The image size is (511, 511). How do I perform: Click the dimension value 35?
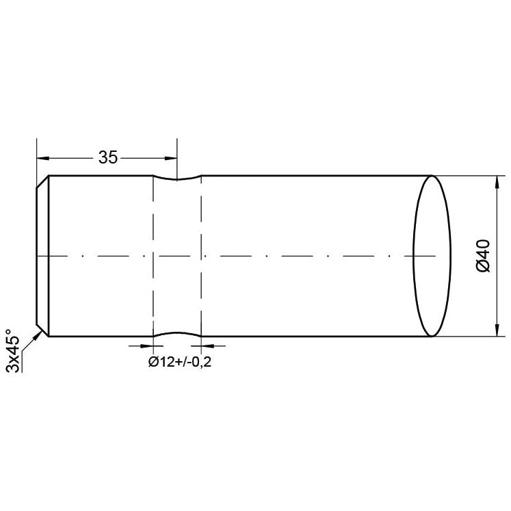click(x=107, y=157)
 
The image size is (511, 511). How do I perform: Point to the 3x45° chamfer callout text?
click(x=13, y=351)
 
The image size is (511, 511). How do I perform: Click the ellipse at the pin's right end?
click(x=432, y=256)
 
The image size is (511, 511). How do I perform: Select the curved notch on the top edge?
click(x=177, y=180)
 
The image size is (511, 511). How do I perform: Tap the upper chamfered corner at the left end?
click(x=42, y=182)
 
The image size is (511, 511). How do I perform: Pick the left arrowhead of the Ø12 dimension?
click(x=148, y=346)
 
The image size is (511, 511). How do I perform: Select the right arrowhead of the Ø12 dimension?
click(x=206, y=346)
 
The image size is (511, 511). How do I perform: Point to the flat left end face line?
click(x=36, y=256)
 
